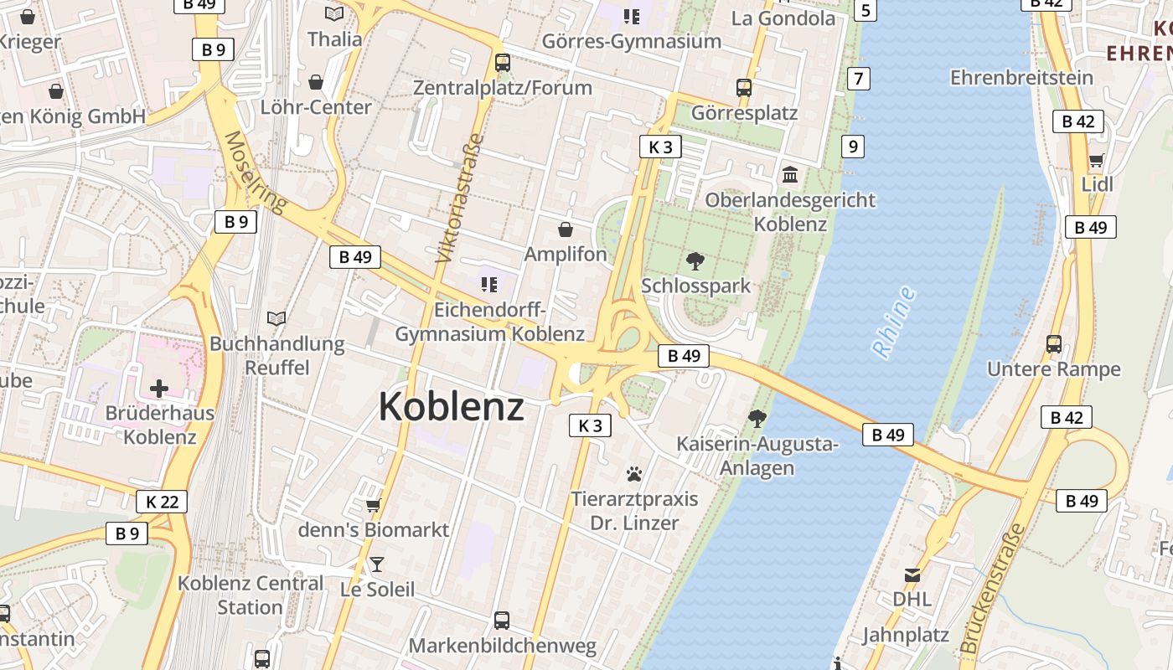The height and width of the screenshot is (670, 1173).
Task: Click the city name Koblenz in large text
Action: tap(452, 407)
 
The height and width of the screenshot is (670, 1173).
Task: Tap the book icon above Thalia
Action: tap(334, 13)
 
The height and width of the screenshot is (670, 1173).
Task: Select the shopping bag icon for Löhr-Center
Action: tap(316, 82)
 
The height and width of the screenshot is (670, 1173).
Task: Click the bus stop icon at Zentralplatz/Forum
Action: tap(503, 62)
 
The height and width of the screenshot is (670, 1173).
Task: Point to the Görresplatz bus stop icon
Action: tap(744, 87)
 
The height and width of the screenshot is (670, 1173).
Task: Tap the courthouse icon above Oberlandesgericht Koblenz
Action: tap(790, 175)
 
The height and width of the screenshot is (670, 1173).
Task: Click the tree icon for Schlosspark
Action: tap(695, 261)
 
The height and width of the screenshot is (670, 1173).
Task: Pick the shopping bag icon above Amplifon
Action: tap(566, 229)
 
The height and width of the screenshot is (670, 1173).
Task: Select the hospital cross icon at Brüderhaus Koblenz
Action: tap(159, 389)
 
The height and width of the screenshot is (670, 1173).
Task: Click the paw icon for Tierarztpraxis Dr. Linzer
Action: tap(634, 475)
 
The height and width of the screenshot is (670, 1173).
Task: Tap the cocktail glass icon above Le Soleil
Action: tap(377, 564)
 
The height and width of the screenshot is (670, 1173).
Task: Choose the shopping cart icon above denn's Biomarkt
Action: tap(374, 505)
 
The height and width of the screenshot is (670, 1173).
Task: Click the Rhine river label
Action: tap(894, 323)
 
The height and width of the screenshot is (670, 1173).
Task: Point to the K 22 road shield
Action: tap(162, 502)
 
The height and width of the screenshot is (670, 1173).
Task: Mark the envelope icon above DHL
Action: tap(912, 575)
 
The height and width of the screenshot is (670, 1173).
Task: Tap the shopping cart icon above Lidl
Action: tap(1096, 160)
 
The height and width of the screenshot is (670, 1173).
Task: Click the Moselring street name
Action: tap(256, 172)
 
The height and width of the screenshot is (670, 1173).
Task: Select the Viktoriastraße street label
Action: tap(460, 198)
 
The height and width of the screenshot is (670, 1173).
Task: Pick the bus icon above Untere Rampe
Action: tap(1054, 344)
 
